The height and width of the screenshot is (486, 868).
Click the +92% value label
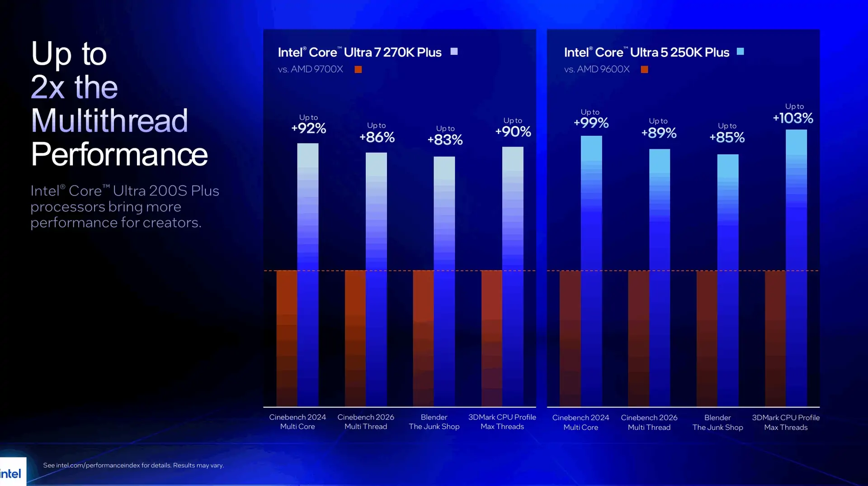coord(309,129)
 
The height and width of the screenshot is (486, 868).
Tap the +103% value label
coord(793,118)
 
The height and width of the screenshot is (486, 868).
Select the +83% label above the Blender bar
coord(445,140)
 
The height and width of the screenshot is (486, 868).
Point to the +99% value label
coord(591,123)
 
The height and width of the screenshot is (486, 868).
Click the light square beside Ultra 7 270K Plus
coord(454,52)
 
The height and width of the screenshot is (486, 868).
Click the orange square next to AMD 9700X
coord(358,69)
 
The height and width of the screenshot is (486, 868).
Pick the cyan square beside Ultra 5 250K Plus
coord(740,52)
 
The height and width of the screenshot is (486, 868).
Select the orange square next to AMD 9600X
coord(644,69)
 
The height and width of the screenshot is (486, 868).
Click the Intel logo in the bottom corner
coord(11,473)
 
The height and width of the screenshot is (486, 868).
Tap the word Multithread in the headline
coord(109,120)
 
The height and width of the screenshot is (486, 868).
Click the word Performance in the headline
coord(119,154)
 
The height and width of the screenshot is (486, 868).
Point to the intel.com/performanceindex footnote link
coord(98,465)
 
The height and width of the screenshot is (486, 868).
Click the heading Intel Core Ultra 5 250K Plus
coord(646,52)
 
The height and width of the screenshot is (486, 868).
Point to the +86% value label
coord(377,137)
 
